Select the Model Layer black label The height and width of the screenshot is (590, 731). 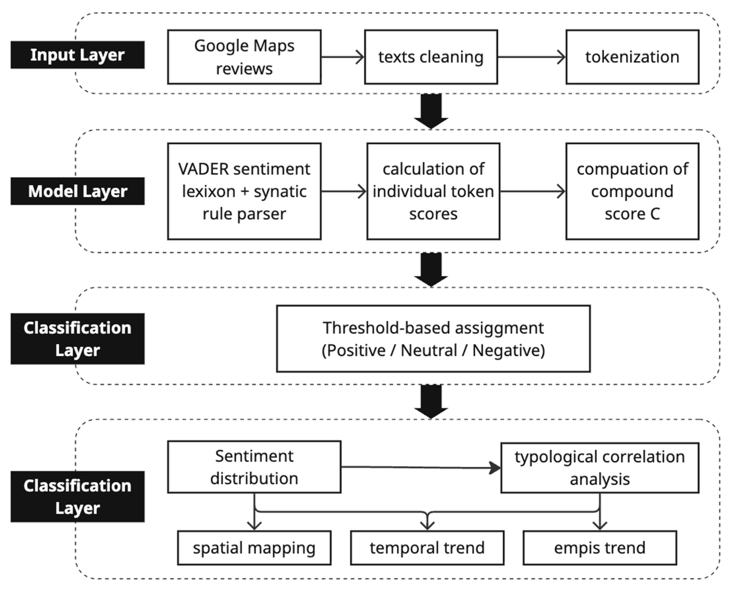point(77,191)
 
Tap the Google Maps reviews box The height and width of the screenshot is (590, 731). point(244,57)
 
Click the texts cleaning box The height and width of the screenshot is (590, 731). point(431,57)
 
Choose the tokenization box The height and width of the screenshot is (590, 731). point(632,57)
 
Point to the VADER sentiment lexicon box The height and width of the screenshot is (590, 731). point(244,191)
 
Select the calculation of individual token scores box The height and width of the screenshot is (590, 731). point(433,191)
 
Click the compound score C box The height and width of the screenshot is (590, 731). point(632,191)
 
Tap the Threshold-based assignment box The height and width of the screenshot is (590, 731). point(433,339)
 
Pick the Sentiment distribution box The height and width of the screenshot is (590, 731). point(254,467)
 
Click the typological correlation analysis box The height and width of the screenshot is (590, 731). point(600,468)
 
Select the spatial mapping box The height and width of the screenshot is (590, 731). point(254,548)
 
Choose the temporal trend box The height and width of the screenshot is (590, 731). point(427,548)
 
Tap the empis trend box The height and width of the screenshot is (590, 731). point(600,548)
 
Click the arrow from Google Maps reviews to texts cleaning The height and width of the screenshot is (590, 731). point(343,57)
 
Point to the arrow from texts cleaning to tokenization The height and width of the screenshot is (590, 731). point(532,57)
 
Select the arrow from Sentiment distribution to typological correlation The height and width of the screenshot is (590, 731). point(421,468)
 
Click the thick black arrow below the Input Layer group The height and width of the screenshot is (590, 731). point(431,111)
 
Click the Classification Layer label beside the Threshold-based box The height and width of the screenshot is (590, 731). point(77,339)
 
